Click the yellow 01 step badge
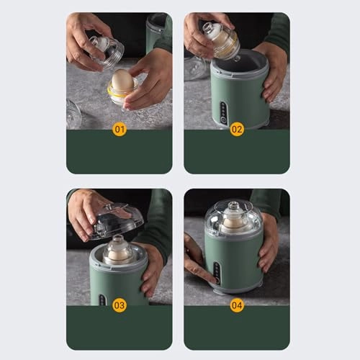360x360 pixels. tap(120, 130)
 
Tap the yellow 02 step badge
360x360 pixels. tap(237, 130)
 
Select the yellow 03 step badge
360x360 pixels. tap(120, 305)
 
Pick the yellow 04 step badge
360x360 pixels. tap(237, 305)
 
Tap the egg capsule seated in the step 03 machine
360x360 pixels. tap(118, 250)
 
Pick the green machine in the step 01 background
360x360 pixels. tap(157, 29)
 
